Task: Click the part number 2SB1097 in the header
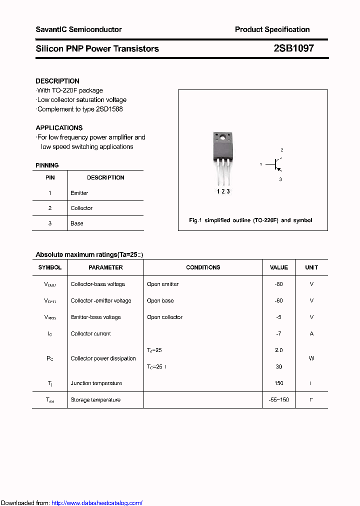(x=293, y=48)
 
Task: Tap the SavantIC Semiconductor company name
(x=78, y=29)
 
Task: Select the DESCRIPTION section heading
(x=57, y=81)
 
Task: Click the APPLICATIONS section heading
(x=59, y=127)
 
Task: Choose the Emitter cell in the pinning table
(x=79, y=193)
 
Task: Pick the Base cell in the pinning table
(x=77, y=223)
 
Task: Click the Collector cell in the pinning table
(x=81, y=208)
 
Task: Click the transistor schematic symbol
(x=274, y=164)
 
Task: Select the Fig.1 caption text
(x=250, y=220)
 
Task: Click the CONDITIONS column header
(x=203, y=267)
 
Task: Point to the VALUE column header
(x=279, y=267)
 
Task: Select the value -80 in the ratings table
(x=279, y=284)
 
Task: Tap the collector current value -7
(x=279, y=333)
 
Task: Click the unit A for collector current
(x=311, y=333)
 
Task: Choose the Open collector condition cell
(x=164, y=317)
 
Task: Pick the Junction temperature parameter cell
(x=96, y=383)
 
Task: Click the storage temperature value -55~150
(x=279, y=399)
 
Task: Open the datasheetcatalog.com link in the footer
(x=97, y=503)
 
